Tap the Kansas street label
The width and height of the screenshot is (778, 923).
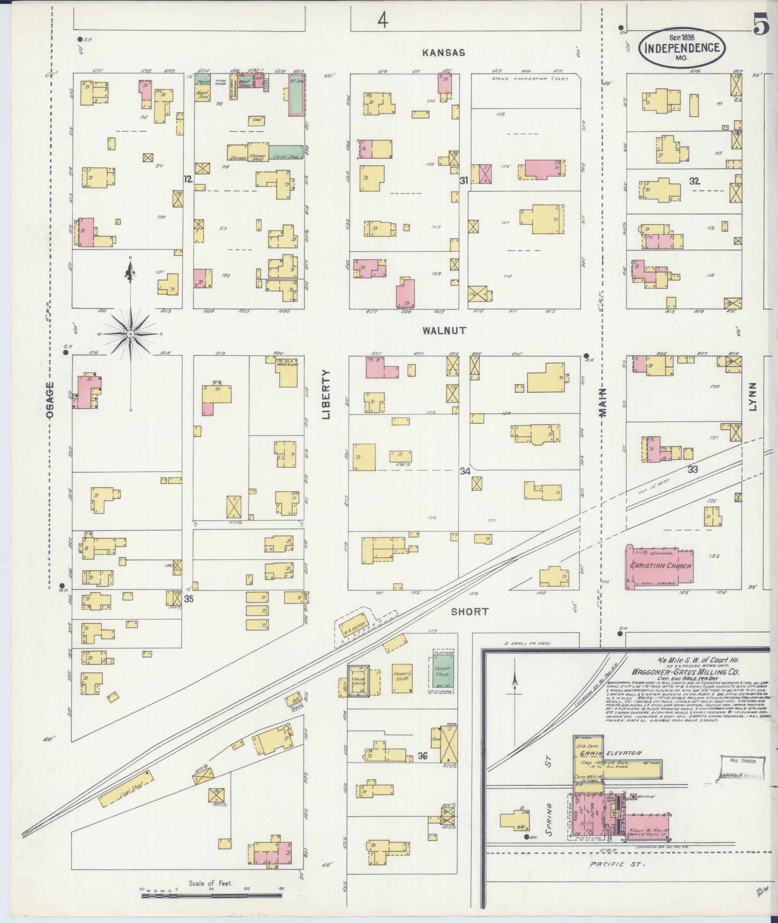pos(444,53)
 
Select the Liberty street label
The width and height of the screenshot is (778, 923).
pos(326,395)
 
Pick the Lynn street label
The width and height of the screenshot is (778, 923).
pos(753,397)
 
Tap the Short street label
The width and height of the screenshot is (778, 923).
pos(469,612)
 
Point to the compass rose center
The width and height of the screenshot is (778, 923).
pos(130,334)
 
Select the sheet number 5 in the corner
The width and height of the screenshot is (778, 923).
pos(762,27)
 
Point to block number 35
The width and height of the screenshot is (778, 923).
pos(190,599)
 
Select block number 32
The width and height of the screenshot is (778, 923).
pos(694,181)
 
